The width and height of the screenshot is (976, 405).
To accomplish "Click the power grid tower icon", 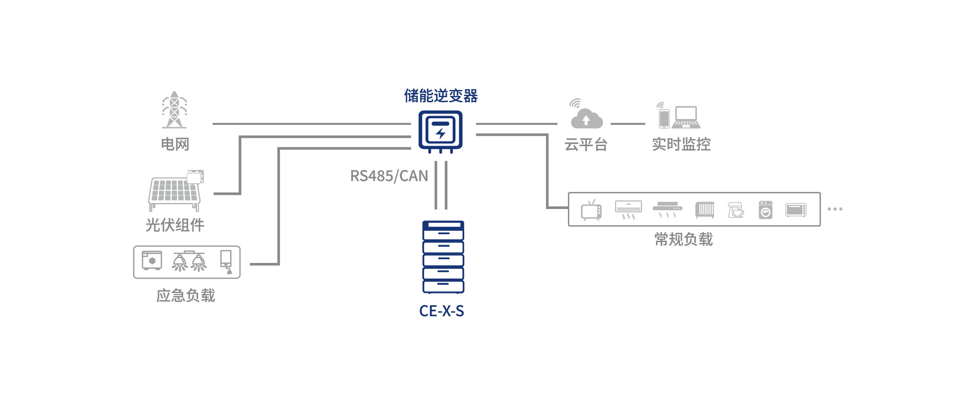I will [x=174, y=110].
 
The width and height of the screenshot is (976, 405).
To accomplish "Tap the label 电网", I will [x=175, y=144].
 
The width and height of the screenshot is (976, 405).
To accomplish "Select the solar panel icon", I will [x=175, y=192].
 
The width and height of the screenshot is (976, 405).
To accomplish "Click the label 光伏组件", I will [x=175, y=225].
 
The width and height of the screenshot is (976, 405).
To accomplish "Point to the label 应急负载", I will [x=186, y=296].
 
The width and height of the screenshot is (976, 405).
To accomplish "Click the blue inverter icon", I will [x=440, y=131].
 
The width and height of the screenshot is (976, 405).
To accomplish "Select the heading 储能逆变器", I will [x=441, y=96].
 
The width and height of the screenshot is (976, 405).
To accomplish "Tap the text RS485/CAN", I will [x=389, y=176].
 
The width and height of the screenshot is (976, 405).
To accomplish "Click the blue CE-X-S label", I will [x=442, y=311].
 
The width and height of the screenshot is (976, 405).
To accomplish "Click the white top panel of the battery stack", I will [x=444, y=225].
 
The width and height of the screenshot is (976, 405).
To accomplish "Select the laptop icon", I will [x=686, y=117].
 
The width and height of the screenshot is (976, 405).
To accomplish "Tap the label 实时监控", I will [x=681, y=144].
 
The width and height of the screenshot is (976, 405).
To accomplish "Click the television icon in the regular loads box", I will [x=591, y=210].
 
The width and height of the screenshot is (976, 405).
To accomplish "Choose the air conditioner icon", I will [x=628, y=210].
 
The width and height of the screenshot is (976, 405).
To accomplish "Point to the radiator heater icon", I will [x=705, y=210].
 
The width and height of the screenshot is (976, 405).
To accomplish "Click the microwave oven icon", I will [x=796, y=210].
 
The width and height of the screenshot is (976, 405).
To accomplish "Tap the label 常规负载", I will [x=683, y=240].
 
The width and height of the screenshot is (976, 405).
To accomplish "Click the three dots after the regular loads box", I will [x=835, y=209].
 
